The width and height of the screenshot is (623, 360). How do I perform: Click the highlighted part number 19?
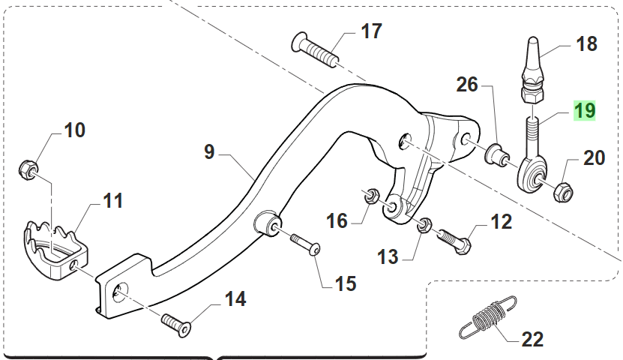pos(584,112)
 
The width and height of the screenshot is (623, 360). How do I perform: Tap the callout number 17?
pos(371,31)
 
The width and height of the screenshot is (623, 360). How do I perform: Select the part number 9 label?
pos(208,152)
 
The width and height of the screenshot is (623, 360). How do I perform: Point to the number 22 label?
pos(532,340)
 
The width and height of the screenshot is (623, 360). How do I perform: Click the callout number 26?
pos(467,85)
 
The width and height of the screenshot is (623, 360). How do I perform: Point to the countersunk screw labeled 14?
pos(176,323)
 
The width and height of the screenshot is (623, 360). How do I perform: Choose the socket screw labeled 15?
pos(304,244)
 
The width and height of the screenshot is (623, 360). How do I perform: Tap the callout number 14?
pos(235,299)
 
